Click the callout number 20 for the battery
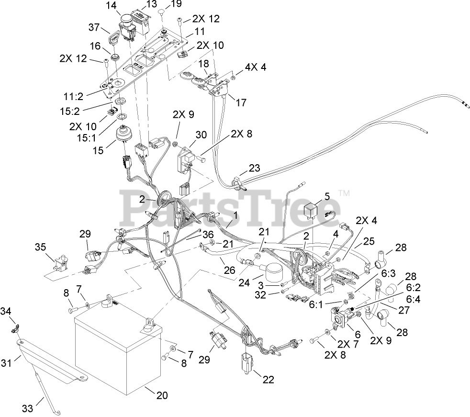(x=162, y=395)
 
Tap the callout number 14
(x=111, y=6)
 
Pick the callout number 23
(x=254, y=168)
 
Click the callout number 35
(x=40, y=247)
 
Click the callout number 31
(x=6, y=363)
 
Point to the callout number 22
(x=269, y=380)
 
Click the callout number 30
(x=201, y=135)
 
